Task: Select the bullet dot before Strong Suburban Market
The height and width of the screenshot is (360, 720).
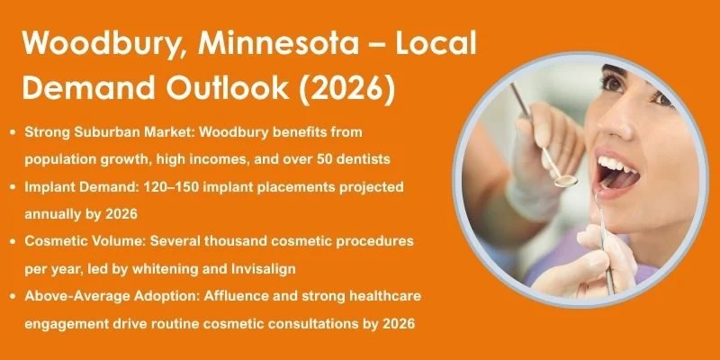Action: tap(13, 131)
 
